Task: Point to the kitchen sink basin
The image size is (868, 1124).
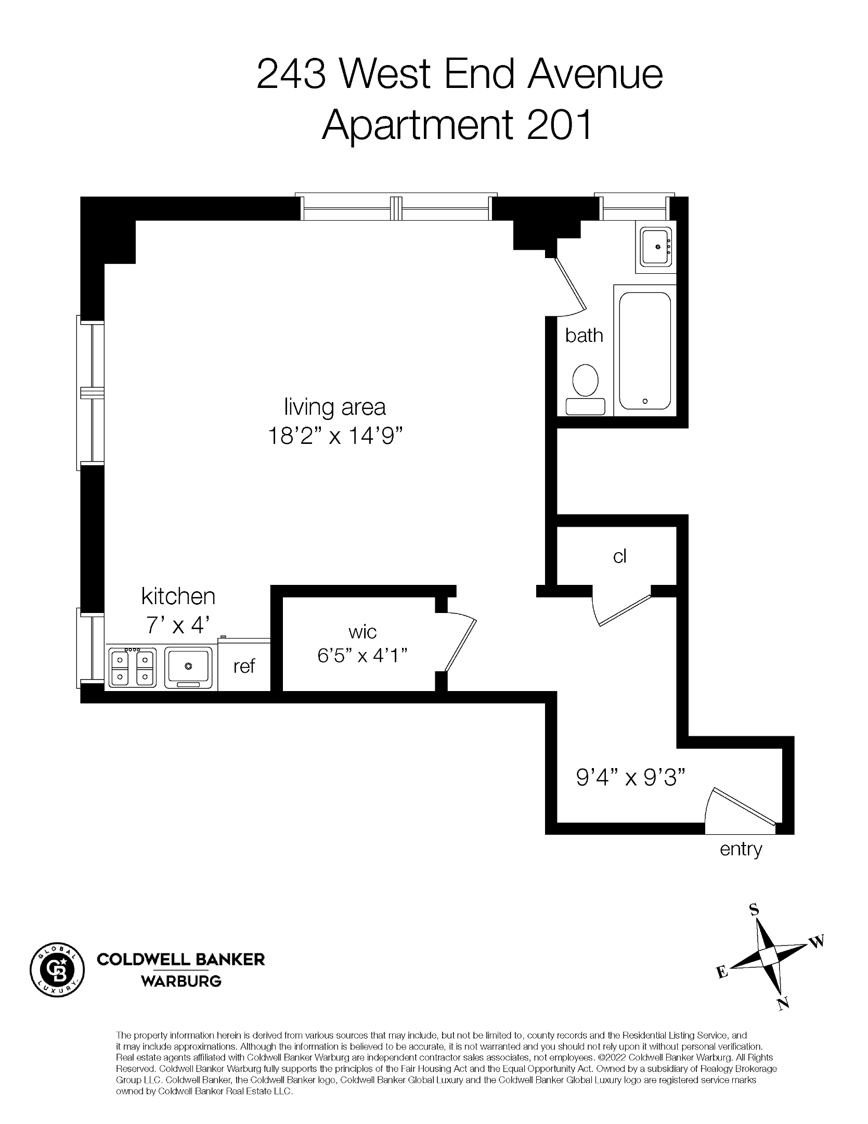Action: (188, 667)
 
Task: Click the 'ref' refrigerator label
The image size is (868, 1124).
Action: (244, 666)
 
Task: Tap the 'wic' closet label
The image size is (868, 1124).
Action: (362, 632)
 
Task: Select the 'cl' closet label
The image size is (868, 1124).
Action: (619, 557)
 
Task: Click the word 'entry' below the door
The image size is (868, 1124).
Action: (741, 850)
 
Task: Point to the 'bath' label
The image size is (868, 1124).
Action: (584, 336)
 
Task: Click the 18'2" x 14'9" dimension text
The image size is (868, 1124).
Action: (335, 436)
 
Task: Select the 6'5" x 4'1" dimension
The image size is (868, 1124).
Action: (362, 656)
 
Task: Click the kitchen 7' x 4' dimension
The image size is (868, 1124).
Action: (178, 625)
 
